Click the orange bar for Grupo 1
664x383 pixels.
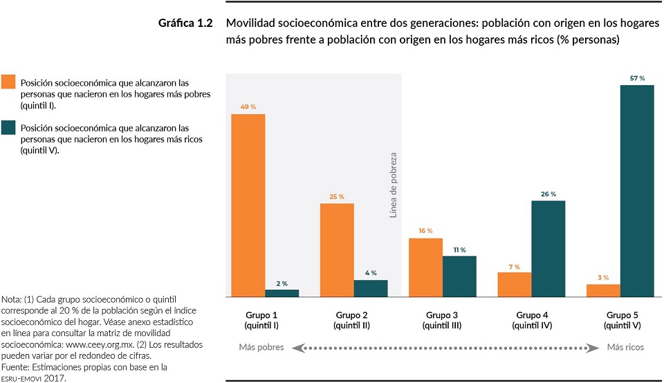(248, 205)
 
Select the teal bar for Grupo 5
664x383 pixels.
(637, 191)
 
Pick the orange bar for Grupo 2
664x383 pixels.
(337, 250)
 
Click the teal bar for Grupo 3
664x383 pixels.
(459, 277)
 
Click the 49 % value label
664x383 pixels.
(248, 107)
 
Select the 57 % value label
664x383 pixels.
(637, 79)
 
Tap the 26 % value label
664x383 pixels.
(548, 194)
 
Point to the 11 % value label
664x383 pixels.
(459, 250)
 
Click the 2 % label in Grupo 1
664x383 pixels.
(282, 283)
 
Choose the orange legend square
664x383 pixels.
(8, 82)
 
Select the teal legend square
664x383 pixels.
(8, 128)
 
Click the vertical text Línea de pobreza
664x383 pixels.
(393, 185)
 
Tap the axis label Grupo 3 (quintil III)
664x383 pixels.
(443, 319)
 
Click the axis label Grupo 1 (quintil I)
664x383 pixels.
(265, 319)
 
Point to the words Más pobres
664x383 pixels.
(261, 347)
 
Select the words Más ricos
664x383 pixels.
(626, 347)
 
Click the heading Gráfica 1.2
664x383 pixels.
(185, 24)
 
